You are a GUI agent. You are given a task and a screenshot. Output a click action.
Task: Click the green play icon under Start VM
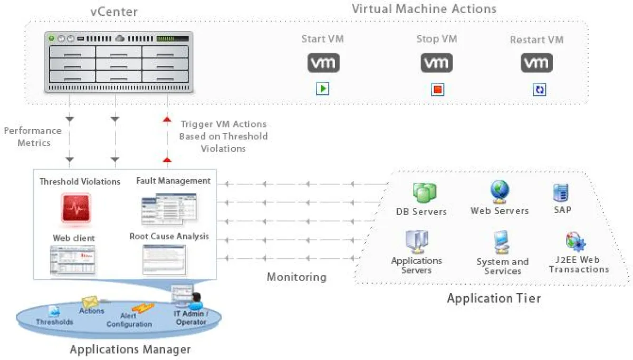322,89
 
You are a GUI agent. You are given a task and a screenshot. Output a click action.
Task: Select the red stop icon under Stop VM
437,90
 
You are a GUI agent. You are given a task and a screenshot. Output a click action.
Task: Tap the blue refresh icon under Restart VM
539,90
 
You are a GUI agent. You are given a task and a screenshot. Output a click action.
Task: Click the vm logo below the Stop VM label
436,63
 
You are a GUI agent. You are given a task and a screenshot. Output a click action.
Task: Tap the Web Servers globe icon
499,192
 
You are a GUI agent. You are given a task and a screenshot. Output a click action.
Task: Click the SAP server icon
560,193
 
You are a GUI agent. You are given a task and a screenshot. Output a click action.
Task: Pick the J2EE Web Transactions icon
576,242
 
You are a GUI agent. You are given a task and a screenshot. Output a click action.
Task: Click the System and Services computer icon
501,243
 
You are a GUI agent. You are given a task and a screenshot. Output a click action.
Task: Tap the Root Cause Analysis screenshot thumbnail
164,260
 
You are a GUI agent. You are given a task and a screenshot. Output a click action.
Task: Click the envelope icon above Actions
90,301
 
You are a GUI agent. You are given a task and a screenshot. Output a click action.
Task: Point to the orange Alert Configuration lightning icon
142,308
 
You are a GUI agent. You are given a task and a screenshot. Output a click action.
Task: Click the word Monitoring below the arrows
296,277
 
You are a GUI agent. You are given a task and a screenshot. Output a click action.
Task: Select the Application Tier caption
494,298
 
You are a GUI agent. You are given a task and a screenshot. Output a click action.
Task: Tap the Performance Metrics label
33,137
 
